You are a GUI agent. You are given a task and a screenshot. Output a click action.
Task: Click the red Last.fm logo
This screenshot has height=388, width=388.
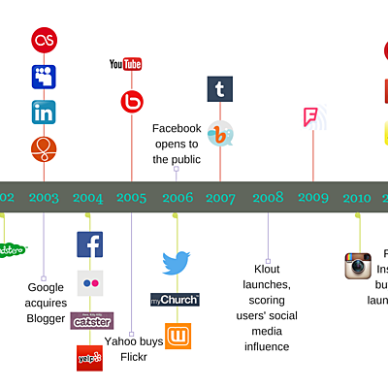[44, 40]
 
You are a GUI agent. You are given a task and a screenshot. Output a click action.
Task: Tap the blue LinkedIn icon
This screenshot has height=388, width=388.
[44, 113]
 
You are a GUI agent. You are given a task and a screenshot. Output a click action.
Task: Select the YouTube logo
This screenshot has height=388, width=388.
[126, 65]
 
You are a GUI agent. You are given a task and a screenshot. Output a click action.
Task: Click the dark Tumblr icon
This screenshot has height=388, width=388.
[220, 89]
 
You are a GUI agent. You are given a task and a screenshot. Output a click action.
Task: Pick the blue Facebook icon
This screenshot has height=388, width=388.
[90, 244]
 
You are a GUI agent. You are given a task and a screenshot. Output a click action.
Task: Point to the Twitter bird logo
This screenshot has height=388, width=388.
[176, 263]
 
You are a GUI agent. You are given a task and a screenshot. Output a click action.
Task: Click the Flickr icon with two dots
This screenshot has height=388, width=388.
[90, 285]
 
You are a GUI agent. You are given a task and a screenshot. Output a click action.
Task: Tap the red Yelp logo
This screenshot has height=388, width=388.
[90, 358]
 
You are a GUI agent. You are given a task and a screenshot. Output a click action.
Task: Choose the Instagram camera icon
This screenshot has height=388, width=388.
[358, 266]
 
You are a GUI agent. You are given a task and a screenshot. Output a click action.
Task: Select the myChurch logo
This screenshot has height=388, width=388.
[176, 300]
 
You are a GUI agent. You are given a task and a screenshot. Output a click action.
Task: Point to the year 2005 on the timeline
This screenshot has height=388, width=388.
[131, 198]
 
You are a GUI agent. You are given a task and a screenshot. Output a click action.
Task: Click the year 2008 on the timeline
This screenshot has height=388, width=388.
[268, 198]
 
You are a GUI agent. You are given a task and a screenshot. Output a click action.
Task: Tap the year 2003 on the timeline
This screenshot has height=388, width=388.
[44, 198]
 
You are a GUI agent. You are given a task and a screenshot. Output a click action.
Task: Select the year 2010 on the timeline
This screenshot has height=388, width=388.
[356, 198]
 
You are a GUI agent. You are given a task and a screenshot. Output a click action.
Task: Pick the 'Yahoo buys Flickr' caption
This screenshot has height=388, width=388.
[133, 348]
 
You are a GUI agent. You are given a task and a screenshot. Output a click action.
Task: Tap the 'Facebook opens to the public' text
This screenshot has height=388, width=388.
[177, 144]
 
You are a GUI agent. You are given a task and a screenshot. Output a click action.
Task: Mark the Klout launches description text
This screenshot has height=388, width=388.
[267, 306]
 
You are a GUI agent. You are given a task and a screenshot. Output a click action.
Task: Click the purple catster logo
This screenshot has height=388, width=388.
[91, 321]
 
